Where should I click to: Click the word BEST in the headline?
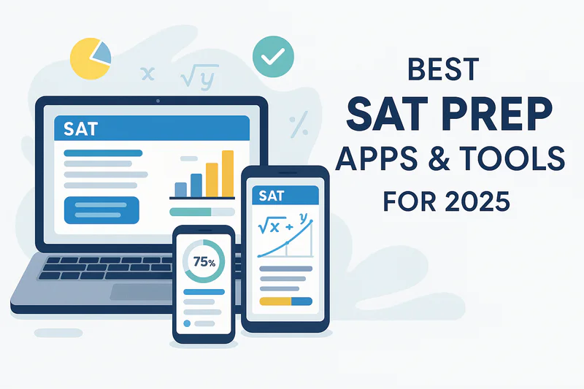pyautogui.click(x=443, y=69)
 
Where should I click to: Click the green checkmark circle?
pyautogui.click(x=273, y=57)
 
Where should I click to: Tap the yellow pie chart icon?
pyautogui.click(x=91, y=58)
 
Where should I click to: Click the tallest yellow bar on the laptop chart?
pyautogui.click(x=228, y=174)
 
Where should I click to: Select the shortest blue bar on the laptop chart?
pyautogui.click(x=180, y=190)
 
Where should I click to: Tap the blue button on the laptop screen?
pyautogui.click(x=101, y=210)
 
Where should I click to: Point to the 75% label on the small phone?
pyautogui.click(x=204, y=262)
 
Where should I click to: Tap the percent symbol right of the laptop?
pyautogui.click(x=299, y=124)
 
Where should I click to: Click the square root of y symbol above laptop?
pyautogui.click(x=199, y=77)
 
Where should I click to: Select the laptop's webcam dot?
pyautogui.click(x=158, y=101)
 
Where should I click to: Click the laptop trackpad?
pyautogui.click(x=142, y=291)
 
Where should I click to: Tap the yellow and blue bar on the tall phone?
pyautogui.click(x=285, y=301)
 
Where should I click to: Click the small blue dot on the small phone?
pyautogui.click(x=187, y=323)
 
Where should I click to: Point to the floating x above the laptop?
pyautogui.click(x=148, y=74)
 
